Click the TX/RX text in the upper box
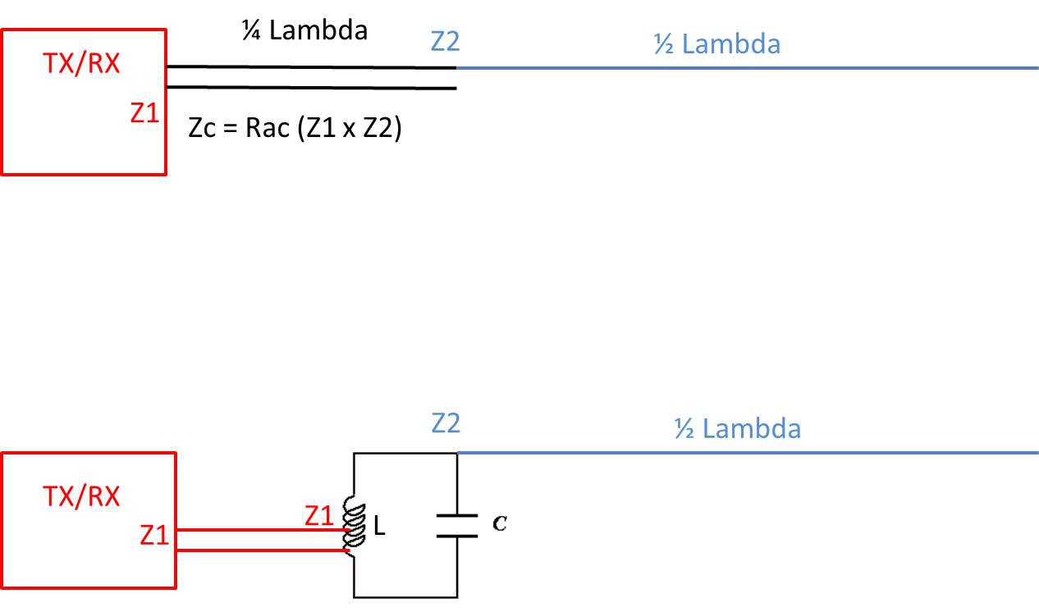(81, 64)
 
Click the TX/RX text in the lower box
(81, 496)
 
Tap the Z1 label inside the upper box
(144, 114)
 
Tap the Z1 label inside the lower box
(154, 536)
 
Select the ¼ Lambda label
(304, 31)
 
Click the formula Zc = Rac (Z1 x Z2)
(295, 130)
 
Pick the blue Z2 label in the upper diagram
(445, 40)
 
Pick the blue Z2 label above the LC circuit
(446, 423)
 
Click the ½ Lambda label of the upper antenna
(716, 43)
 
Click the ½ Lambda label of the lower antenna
(737, 428)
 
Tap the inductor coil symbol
(355, 526)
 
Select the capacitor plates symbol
(456, 526)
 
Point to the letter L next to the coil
(379, 529)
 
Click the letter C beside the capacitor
(498, 523)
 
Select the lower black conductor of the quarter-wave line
(312, 87)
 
